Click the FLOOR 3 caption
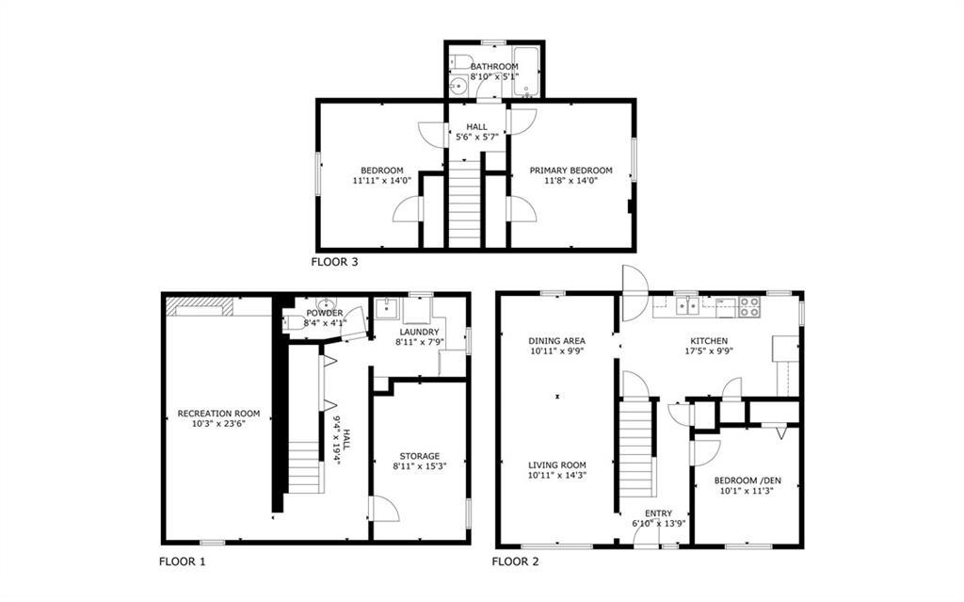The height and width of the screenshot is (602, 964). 334,262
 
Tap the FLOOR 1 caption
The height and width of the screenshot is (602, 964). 182,561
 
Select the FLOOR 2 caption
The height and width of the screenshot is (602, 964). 515,561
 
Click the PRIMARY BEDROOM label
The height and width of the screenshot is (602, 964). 570,171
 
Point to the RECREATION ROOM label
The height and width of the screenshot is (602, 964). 218,414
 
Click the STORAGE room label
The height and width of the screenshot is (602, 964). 416,456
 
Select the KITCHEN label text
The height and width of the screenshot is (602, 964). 709,341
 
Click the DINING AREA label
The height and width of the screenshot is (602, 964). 556,341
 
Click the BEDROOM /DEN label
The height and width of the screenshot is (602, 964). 747,480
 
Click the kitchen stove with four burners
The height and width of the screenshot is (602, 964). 748,305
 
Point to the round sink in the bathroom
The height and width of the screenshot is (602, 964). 459,88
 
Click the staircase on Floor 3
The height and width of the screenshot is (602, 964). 465,203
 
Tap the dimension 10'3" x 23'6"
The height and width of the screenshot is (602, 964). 218,424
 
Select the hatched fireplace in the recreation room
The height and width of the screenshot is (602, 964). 199,305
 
